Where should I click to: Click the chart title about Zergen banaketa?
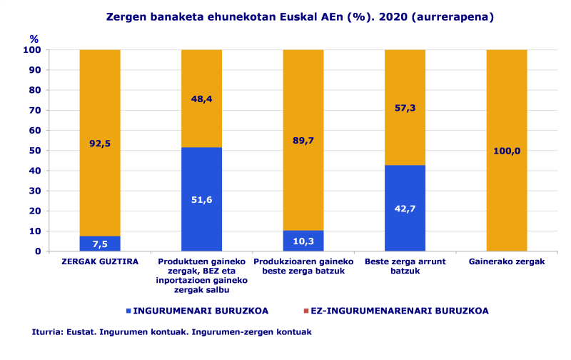(x=300, y=16)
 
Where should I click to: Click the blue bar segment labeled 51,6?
(x=201, y=199)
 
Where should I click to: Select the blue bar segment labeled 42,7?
(x=405, y=208)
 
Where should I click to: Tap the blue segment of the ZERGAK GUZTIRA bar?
(x=99, y=244)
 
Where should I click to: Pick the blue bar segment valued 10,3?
(x=303, y=241)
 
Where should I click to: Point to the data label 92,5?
(x=99, y=144)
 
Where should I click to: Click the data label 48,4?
(x=202, y=99)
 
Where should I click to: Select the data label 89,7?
(x=303, y=141)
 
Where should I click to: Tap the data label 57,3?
(x=405, y=108)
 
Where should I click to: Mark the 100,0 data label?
(x=507, y=151)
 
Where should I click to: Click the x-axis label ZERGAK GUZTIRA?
(x=100, y=262)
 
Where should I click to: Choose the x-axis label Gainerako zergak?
(x=507, y=262)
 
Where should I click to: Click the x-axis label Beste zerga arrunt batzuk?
(x=405, y=266)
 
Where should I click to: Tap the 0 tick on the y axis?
(x=37, y=251)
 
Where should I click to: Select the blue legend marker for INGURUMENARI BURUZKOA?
(x=128, y=311)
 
